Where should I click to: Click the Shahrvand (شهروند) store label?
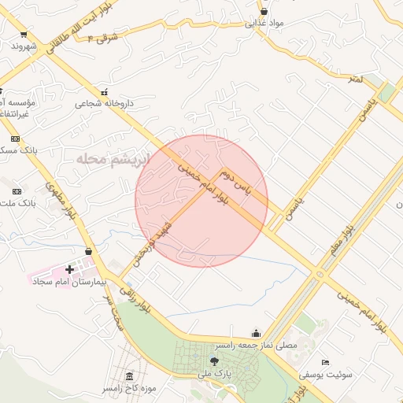coord(24,46)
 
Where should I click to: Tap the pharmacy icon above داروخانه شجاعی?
coord(104,92)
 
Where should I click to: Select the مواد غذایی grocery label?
coord(264,23)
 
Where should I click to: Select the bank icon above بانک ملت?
coord(17,191)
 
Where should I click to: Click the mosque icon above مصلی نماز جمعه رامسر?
coord(255,333)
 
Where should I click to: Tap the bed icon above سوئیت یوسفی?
coord(326,363)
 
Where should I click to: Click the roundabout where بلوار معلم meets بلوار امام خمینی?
coord(319,275)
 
